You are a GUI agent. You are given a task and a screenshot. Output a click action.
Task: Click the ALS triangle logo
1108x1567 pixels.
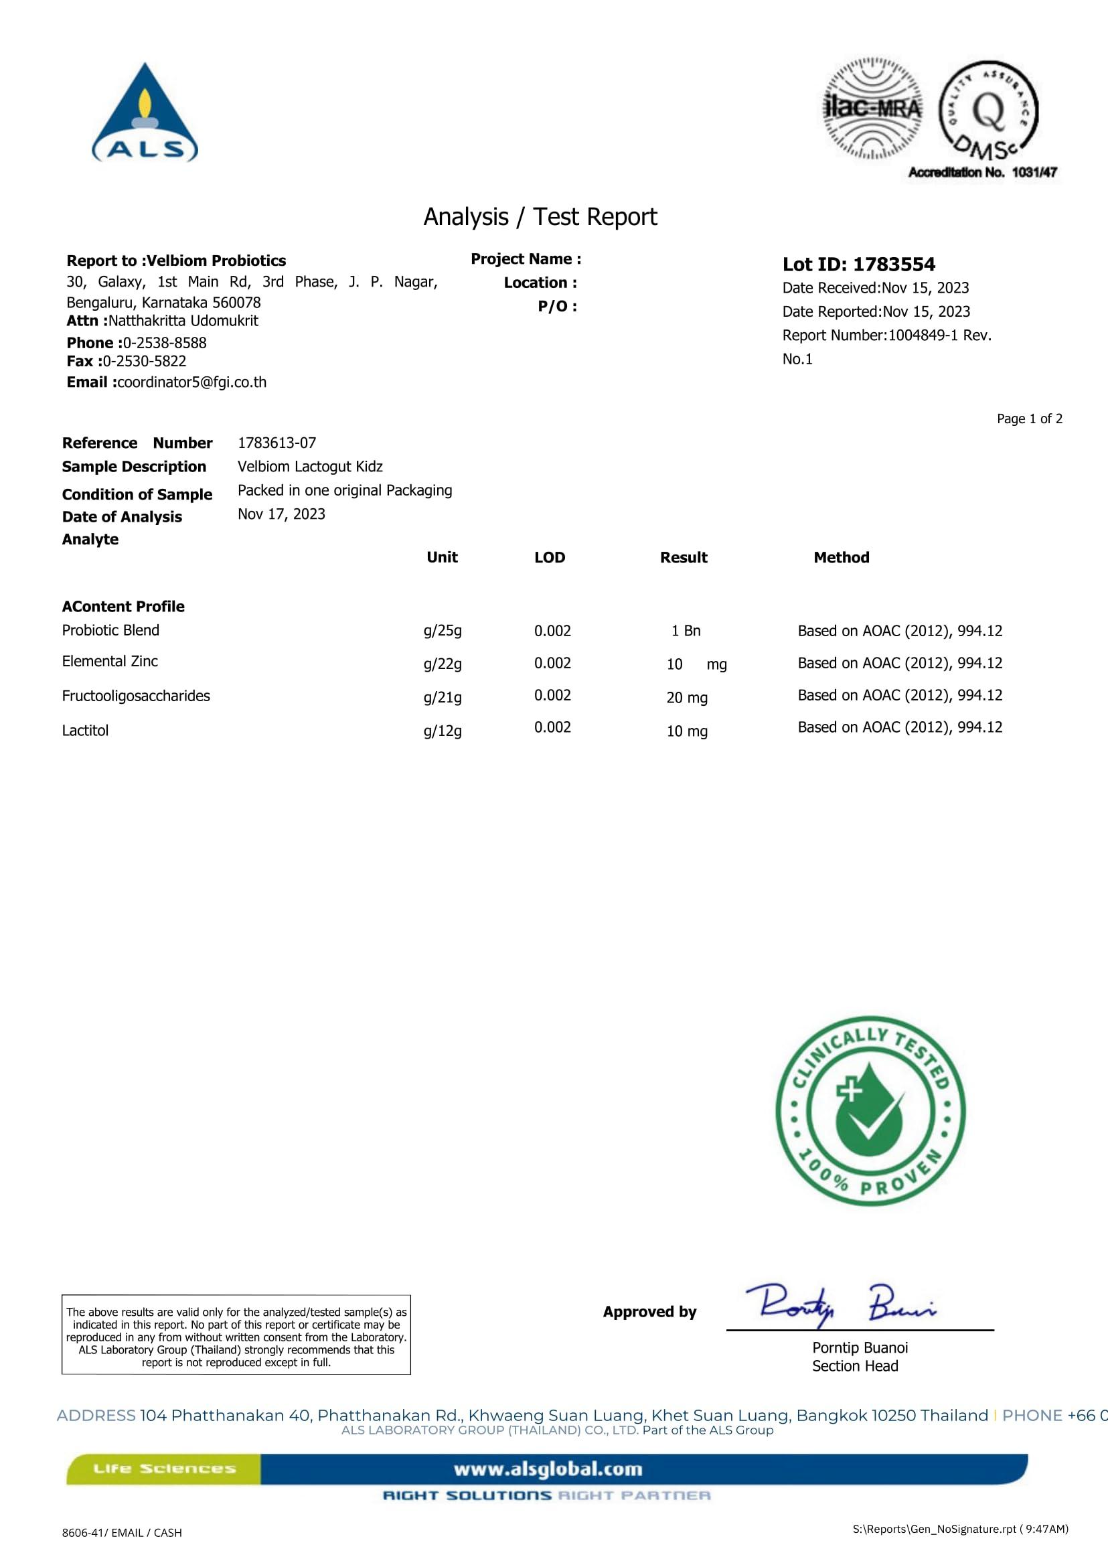coord(145,114)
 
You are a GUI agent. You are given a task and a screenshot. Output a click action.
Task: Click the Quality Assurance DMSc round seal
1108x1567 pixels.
coord(989,111)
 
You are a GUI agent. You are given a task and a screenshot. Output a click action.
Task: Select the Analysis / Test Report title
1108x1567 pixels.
coord(540,217)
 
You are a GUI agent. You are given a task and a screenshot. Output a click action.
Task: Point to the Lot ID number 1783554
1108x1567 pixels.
coord(894,264)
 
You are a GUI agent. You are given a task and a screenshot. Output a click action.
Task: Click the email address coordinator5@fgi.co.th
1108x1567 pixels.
coord(191,382)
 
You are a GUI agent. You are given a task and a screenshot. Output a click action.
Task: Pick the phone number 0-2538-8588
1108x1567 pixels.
coord(165,343)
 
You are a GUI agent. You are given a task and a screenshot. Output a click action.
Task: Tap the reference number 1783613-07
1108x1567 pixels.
coord(276,443)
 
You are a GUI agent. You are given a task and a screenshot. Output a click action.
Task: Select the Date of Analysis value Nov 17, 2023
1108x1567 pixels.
coord(281,514)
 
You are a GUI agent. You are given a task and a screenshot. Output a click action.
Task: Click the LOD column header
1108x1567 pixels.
coord(549,558)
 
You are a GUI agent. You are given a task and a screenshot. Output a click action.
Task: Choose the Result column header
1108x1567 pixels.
coord(683,558)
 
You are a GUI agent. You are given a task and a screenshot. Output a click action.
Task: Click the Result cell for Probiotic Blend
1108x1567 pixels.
coord(686,631)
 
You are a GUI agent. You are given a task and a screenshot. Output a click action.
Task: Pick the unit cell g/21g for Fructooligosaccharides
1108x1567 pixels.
coord(442,698)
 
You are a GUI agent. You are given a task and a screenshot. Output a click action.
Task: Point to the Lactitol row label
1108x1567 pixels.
coord(85,731)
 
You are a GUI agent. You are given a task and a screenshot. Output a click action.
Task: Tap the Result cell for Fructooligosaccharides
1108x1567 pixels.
coord(686,698)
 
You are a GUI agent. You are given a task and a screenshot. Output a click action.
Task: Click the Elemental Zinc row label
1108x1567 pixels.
coord(110,662)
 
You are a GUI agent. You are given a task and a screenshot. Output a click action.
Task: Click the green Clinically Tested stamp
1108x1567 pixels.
coord(870,1112)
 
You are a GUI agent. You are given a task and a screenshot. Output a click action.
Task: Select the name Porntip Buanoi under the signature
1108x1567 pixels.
coord(860,1348)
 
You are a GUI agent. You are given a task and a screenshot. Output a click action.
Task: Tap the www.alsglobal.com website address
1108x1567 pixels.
coord(548,1469)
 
